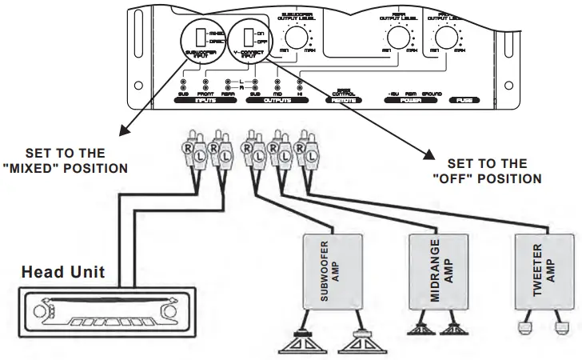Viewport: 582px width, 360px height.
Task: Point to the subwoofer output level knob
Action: pos(296,36)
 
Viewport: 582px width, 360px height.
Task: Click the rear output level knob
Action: pos(396,36)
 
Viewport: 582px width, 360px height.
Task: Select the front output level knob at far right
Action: pos(445,36)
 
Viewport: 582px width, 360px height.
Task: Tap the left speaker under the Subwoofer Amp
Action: pos(303,344)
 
